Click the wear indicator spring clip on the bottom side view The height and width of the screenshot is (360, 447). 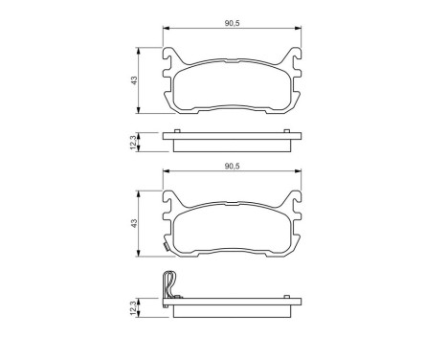coord(169,286)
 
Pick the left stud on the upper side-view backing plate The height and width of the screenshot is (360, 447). coord(177,131)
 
